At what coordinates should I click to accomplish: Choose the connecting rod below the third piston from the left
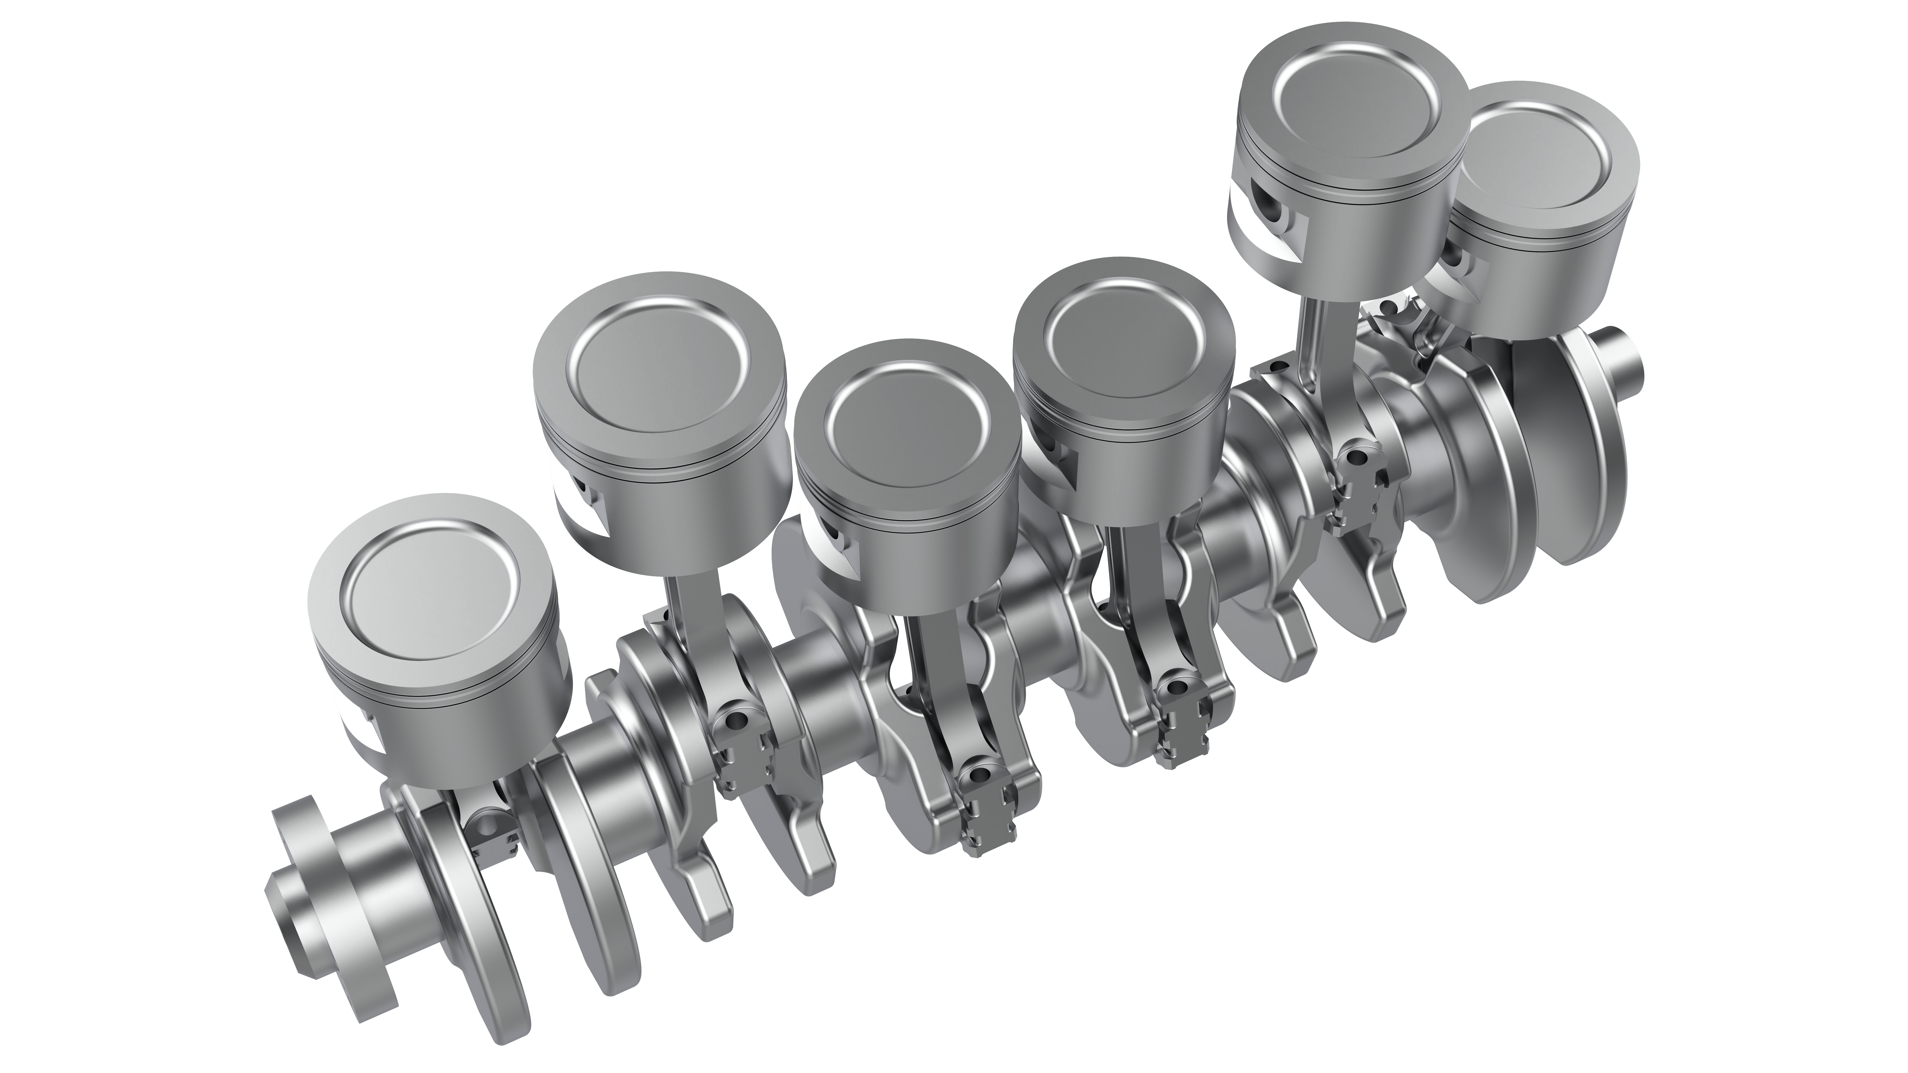(x=935, y=666)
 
